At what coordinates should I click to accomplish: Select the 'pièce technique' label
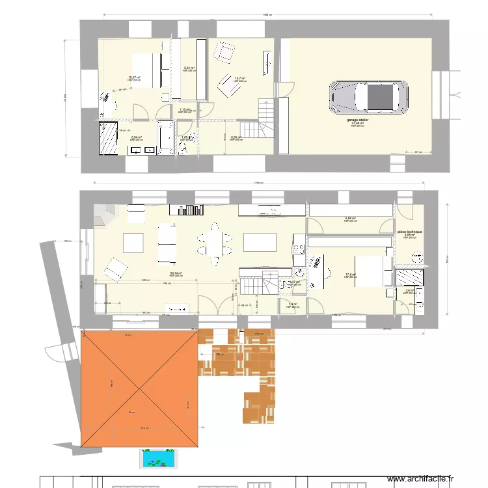pyautogui.click(x=409, y=232)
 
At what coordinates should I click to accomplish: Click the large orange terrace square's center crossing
pyautogui.click(x=139, y=389)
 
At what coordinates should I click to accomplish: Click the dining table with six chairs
pyautogui.click(x=214, y=244)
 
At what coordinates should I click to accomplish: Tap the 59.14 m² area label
pyautogui.click(x=176, y=273)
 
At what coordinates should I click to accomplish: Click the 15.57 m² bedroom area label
pyautogui.click(x=135, y=77)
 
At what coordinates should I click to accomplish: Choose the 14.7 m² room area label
pyautogui.click(x=239, y=78)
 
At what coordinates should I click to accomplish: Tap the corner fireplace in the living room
pyautogui.click(x=102, y=215)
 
